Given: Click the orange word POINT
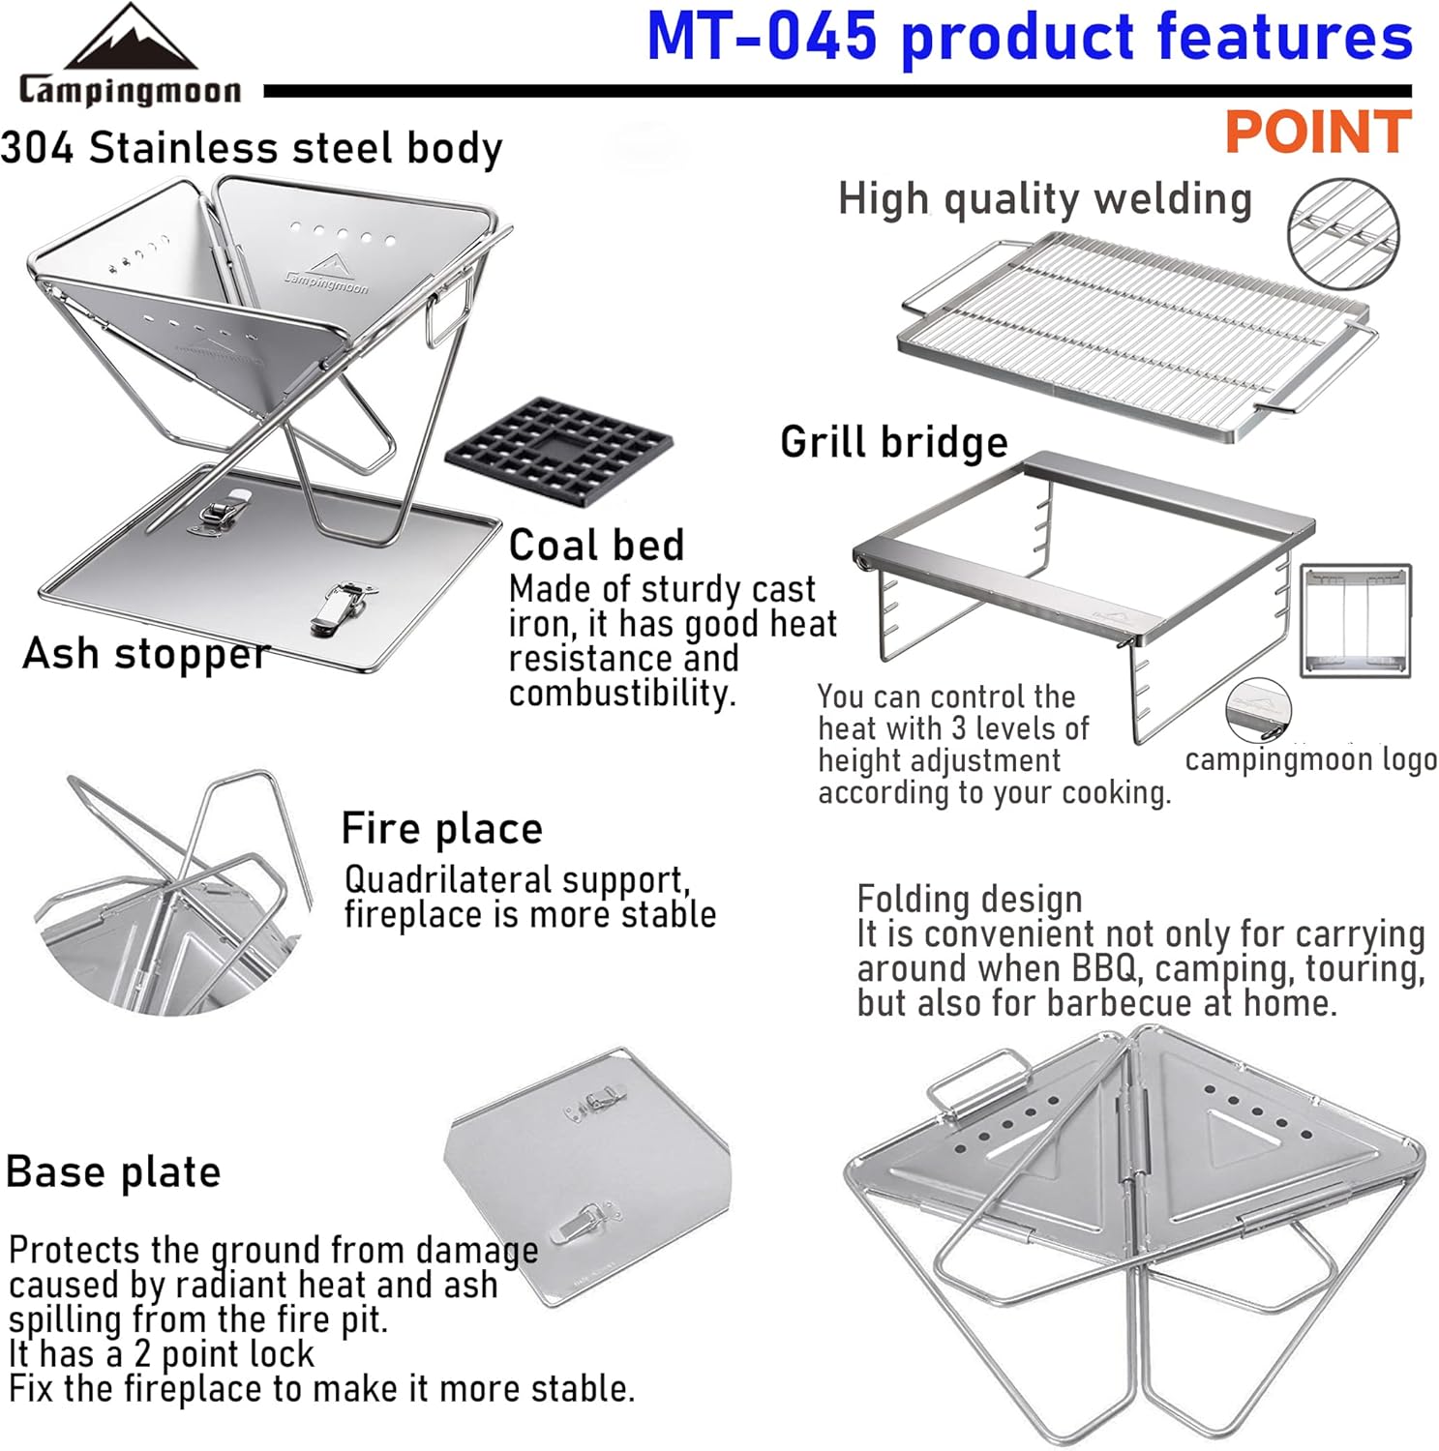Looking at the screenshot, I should click(1317, 133).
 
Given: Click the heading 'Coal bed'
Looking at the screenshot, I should click(596, 546).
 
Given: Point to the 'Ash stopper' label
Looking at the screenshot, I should click(145, 654).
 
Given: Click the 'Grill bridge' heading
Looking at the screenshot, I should click(893, 442).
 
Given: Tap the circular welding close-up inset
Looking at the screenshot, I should click(1342, 233).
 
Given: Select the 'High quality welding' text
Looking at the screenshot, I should click(1044, 199).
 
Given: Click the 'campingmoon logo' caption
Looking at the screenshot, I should click(1310, 759).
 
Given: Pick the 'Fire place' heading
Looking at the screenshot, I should click(441, 829).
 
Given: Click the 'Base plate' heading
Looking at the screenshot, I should click(113, 1171).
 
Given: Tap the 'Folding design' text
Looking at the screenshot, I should click(969, 900).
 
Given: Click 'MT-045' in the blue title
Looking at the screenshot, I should click(762, 37).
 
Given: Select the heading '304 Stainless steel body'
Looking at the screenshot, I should click(252, 148).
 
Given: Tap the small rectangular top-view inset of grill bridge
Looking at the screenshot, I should click(1355, 620).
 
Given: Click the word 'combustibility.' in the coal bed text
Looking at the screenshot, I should click(622, 694).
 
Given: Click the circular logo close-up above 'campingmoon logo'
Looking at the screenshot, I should click(1258, 709).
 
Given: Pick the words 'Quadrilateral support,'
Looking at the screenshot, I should click(517, 880).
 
